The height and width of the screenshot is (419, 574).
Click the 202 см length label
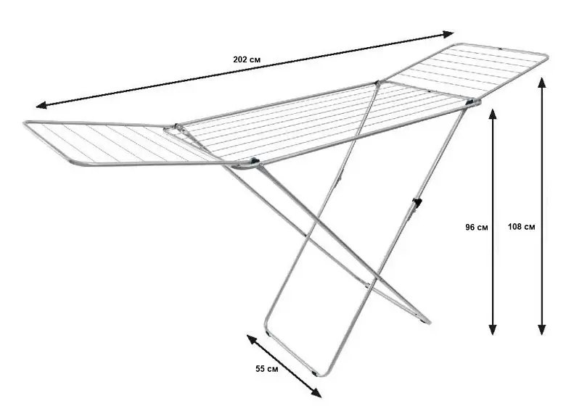(247, 59)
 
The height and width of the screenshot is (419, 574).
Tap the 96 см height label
(477, 228)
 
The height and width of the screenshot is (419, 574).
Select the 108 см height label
(521, 227)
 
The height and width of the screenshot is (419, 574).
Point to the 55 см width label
(266, 369)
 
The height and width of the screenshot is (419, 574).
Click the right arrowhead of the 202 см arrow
(448, 34)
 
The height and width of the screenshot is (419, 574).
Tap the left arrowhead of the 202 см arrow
(41, 106)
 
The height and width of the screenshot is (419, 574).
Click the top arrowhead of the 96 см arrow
(493, 114)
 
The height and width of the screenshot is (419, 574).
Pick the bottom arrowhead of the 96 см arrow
(493, 330)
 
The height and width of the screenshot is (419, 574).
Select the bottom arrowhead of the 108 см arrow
(542, 330)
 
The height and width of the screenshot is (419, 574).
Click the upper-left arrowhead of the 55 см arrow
(252, 339)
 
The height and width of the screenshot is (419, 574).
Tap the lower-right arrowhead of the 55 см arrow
(316, 393)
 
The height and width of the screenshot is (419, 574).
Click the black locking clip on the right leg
(417, 202)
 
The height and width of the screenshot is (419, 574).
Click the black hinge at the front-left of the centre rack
(254, 160)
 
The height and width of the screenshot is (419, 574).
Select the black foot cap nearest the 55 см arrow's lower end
(314, 374)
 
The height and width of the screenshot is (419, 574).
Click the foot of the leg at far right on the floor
(426, 321)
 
